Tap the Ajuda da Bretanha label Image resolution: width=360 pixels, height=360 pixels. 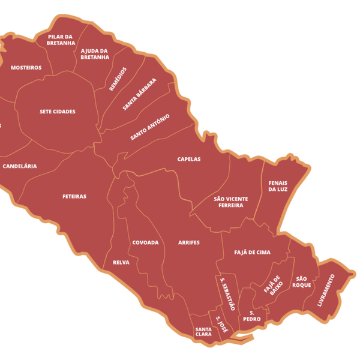coord(94,54)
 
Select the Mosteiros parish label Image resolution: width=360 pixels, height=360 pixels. coord(26,68)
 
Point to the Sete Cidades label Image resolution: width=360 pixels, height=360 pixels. coord(58,112)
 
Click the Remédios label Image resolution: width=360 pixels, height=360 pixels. coord(119,79)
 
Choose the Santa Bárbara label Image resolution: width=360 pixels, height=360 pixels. coord(140,94)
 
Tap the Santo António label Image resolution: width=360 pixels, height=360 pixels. coord(150,127)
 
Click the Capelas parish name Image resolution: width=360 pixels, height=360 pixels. coord(189,159)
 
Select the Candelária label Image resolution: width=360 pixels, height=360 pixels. coord(20,166)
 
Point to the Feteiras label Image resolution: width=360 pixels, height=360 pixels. coord(74,196)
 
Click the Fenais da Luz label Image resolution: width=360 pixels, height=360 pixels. coord(278,185)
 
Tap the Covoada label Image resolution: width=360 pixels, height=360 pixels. coord(146,242)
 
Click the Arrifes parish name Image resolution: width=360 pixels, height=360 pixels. coord(189,242)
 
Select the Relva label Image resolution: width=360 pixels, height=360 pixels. coord(121,262)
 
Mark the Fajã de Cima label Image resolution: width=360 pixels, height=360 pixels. coord(252,253)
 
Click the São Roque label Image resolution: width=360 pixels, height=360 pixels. coord(301,281)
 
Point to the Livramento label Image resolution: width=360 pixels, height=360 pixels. coord(327,290)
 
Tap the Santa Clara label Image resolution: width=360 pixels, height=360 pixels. coord(203,331)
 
